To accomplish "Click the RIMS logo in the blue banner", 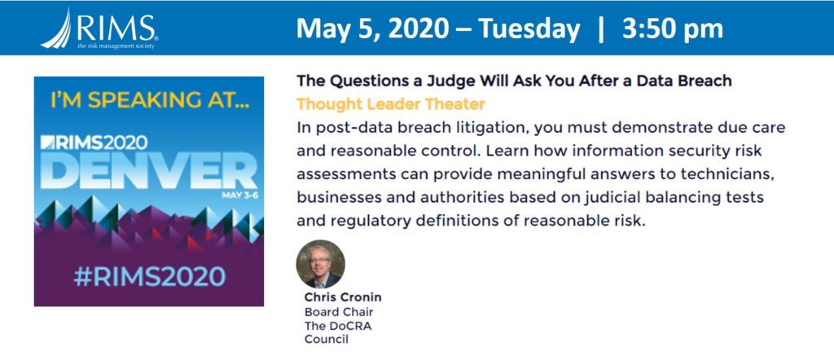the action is (x=99, y=29).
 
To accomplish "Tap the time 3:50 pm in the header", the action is (x=672, y=29).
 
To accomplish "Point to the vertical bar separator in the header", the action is (x=601, y=30).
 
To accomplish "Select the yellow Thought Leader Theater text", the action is (x=391, y=103).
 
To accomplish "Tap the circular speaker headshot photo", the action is (x=320, y=264).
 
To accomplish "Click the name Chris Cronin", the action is (x=343, y=297).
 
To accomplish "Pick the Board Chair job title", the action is (x=339, y=312).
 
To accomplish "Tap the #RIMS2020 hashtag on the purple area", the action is (x=150, y=276).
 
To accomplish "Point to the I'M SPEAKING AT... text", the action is (x=150, y=100).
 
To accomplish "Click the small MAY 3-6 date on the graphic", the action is (x=239, y=195).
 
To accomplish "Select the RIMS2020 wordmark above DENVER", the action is (x=94, y=142).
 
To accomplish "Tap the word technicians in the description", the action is (x=724, y=173).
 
